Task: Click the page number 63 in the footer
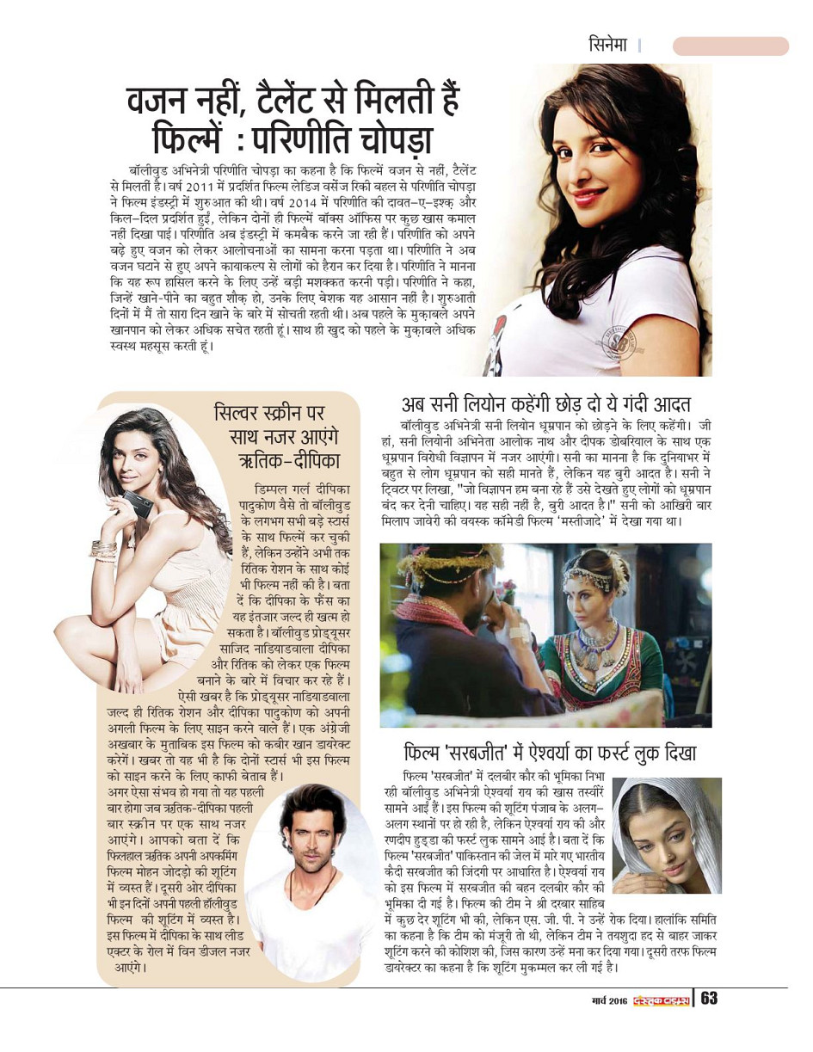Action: point(710,998)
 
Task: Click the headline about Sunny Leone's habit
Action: point(546,404)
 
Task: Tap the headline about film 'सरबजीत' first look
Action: point(551,754)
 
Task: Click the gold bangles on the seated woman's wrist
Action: point(103,550)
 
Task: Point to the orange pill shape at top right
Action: point(730,46)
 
